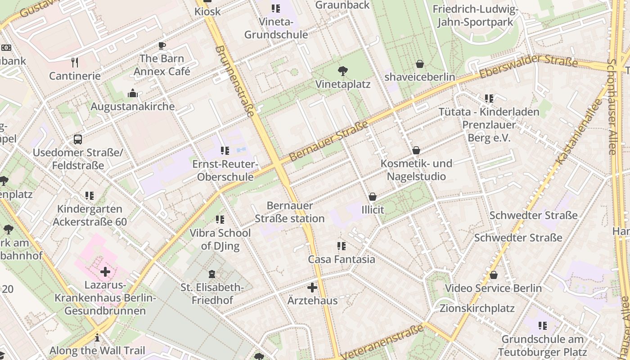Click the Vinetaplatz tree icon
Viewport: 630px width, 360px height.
(x=342, y=71)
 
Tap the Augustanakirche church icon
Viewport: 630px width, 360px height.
(x=133, y=93)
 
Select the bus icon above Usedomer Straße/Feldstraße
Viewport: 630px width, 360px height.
(x=78, y=139)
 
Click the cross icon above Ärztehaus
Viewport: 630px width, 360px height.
(x=312, y=287)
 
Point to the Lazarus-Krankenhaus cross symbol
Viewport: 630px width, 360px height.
(x=105, y=272)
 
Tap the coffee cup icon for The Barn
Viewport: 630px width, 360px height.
(x=162, y=45)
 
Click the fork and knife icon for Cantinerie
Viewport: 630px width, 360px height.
(x=75, y=62)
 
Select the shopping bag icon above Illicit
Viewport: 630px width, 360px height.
(x=373, y=197)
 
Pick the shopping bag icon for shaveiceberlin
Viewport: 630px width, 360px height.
(x=420, y=64)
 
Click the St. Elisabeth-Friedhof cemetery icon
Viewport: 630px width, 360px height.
(x=212, y=274)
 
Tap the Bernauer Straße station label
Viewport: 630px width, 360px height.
(x=289, y=212)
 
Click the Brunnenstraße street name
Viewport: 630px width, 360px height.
(x=235, y=80)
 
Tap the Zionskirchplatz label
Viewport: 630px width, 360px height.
(x=477, y=308)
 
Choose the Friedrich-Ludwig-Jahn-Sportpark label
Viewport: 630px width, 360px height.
(x=475, y=15)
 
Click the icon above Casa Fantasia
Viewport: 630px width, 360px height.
(x=342, y=246)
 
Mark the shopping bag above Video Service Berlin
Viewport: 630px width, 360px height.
(x=494, y=275)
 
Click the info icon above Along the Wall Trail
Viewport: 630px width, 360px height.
(x=97, y=337)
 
